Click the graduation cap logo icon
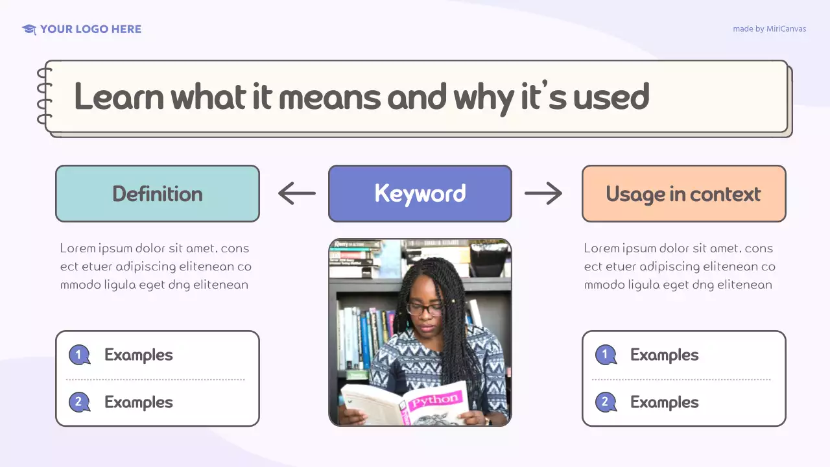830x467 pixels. coord(29,29)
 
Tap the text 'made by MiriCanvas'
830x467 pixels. coord(769,29)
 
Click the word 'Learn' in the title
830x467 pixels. coord(119,97)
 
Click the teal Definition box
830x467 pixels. coord(158,193)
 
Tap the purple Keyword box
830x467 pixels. coord(420,193)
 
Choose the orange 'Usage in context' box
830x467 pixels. coord(683,193)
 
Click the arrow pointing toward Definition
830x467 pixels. coord(297,193)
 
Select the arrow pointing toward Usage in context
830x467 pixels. coord(543,193)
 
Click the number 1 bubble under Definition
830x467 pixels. coord(79,355)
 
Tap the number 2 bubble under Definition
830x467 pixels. coord(79,402)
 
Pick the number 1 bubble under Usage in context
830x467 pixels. coord(606,355)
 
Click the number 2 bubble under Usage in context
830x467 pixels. coord(606,402)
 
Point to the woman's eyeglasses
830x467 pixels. coord(425,309)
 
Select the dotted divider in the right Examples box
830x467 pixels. coord(681,379)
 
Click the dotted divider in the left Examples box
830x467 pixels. coord(156,379)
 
